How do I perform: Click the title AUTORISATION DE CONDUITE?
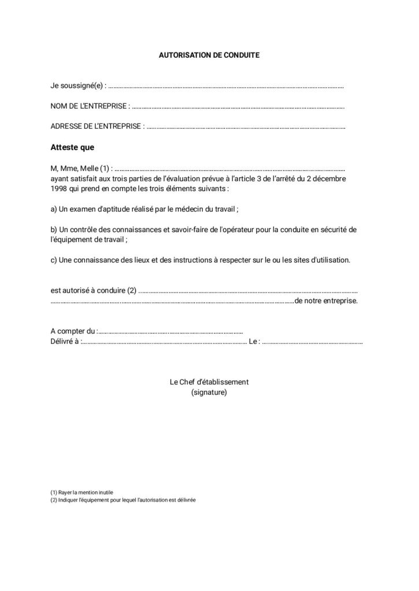[x=209, y=55]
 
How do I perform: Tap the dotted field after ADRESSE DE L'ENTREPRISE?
[x=246, y=127]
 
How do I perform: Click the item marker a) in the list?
[x=54, y=208]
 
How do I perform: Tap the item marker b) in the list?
[x=54, y=229]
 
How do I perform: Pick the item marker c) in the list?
[x=54, y=260]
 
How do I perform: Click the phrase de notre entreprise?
[x=326, y=301]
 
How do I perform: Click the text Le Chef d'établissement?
[x=209, y=382]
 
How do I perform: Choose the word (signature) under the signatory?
[x=209, y=392]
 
